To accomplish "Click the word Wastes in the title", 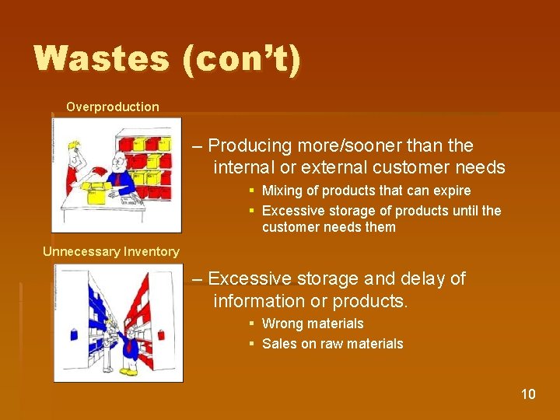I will pos(101,59).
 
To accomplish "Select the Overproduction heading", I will pos(113,107).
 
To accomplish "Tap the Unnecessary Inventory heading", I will pos(111,251).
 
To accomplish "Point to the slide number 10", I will pos(528,394).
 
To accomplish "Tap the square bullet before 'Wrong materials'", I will pos(252,324).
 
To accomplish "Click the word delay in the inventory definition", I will pos(416,278).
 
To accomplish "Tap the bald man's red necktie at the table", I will pos(114,180).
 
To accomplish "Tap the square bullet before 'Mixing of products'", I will pos(252,191).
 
